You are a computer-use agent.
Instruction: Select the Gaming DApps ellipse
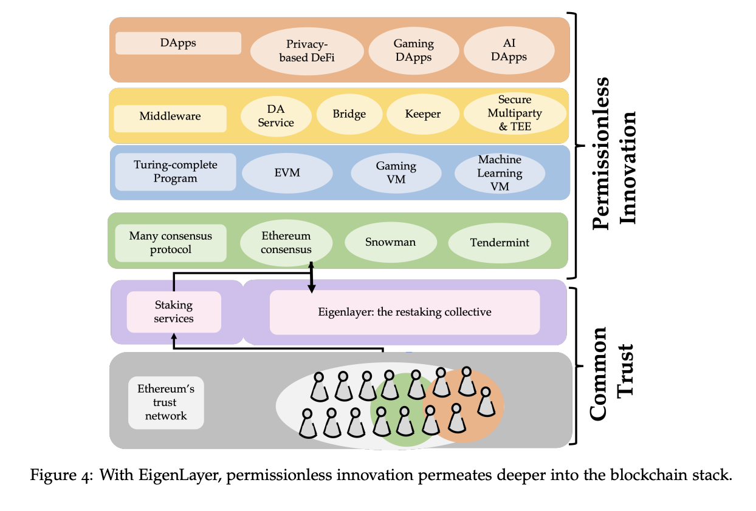click(x=413, y=50)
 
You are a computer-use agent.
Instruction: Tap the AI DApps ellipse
click(x=509, y=50)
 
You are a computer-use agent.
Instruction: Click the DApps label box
click(x=178, y=43)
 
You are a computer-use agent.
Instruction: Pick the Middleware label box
click(x=170, y=117)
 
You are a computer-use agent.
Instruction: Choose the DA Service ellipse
click(x=276, y=115)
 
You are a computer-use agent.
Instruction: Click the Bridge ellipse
click(x=349, y=114)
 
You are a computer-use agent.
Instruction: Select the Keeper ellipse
click(x=422, y=114)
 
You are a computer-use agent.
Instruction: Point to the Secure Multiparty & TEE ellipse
click(x=514, y=113)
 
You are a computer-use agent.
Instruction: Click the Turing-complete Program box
click(x=176, y=172)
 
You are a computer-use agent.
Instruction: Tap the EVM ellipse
click(x=287, y=173)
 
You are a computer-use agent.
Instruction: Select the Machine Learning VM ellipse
click(x=500, y=173)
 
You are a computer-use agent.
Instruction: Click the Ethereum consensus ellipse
click(x=286, y=243)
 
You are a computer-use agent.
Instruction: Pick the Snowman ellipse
click(x=390, y=242)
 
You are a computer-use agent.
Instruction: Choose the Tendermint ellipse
click(x=500, y=243)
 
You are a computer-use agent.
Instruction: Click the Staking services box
click(x=174, y=312)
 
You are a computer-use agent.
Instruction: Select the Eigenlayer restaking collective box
click(x=405, y=313)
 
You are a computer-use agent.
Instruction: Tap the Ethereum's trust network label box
click(x=166, y=403)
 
